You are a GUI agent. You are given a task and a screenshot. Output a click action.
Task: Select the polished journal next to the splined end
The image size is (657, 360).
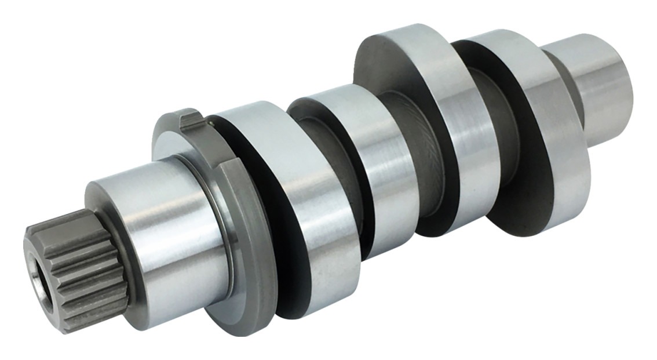click(162, 232)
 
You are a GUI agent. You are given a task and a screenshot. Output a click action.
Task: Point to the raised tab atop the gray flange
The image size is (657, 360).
click(189, 119)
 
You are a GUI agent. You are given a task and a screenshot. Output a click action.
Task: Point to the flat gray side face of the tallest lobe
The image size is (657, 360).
click(379, 70)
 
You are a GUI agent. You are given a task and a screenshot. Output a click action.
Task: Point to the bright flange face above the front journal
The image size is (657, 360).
click(174, 139)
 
